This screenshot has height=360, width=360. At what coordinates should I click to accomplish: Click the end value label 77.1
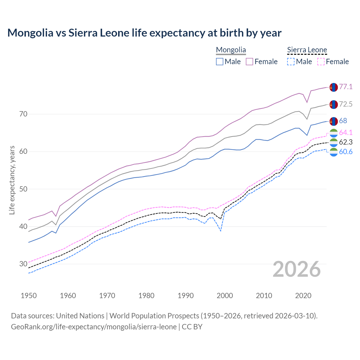pyautogui.click(x=346, y=87)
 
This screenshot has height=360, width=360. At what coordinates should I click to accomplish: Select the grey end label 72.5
pyautogui.click(x=346, y=104)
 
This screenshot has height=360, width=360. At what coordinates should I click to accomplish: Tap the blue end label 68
pyautogui.click(x=343, y=121)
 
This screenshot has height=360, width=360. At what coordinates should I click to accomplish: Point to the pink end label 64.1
pyautogui.click(x=346, y=132)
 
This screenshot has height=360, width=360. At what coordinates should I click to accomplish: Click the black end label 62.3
pyautogui.click(x=346, y=142)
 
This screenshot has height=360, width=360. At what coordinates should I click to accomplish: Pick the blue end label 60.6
pyautogui.click(x=346, y=152)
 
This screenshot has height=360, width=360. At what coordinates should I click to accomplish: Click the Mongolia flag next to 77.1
pyautogui.click(x=334, y=87)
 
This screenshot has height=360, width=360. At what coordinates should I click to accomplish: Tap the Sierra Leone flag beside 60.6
pyautogui.click(x=334, y=152)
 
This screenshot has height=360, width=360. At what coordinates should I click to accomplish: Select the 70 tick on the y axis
pyautogui.click(x=23, y=114)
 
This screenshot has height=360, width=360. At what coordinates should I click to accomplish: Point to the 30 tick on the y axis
pyautogui.click(x=23, y=264)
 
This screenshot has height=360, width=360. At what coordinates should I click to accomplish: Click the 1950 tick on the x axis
pyautogui.click(x=29, y=296)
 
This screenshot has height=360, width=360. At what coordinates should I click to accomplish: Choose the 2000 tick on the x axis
pyautogui.click(x=225, y=296)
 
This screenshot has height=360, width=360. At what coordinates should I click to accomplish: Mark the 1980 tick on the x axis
pyautogui.click(x=146, y=296)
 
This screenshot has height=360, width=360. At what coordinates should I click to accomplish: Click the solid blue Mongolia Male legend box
pyautogui.click(x=220, y=62)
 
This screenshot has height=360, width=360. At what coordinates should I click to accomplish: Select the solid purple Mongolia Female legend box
pyautogui.click(x=249, y=62)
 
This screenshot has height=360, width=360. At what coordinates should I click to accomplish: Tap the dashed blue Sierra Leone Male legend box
pyautogui.click(x=291, y=62)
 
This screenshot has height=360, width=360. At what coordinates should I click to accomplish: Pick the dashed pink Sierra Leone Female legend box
pyautogui.click(x=321, y=62)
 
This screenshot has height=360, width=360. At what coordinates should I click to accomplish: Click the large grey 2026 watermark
pyautogui.click(x=297, y=269)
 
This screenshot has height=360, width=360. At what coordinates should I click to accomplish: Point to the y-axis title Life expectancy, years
pyautogui.click(x=12, y=180)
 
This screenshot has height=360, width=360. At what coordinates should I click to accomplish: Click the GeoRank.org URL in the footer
pyautogui.click(x=94, y=327)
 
